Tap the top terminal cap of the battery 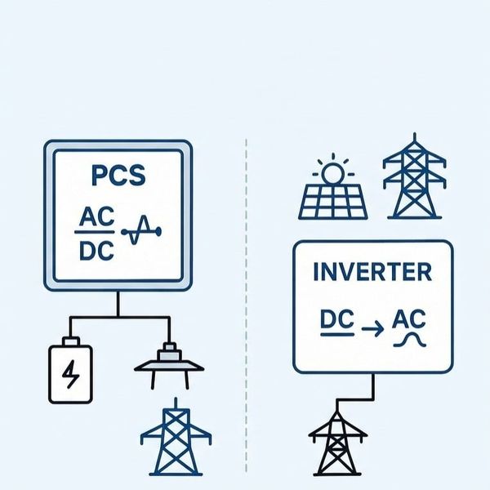click(71, 341)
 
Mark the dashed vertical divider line click(246, 310)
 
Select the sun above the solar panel click(332, 172)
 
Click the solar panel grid click(332, 201)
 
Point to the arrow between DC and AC click(371, 327)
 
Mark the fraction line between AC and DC click(96, 234)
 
